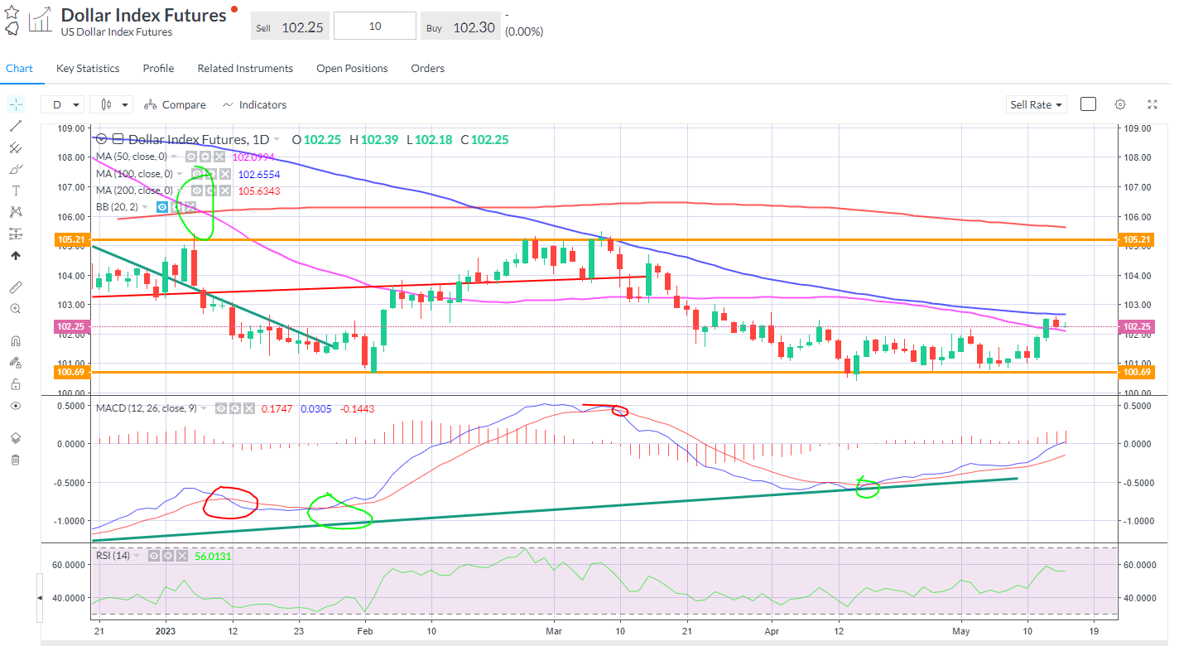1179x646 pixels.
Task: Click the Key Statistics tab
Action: coord(88,69)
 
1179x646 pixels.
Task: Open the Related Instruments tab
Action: coord(245,69)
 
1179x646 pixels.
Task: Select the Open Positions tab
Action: coord(352,69)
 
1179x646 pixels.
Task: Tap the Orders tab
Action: coord(427,69)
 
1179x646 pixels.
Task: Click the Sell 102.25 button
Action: coord(290,27)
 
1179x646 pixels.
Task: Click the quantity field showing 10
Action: coord(375,27)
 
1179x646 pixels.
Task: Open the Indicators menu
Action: coord(255,105)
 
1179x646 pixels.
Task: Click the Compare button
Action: coord(175,105)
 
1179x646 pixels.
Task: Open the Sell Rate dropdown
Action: coord(1037,105)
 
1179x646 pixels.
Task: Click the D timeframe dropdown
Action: coord(63,105)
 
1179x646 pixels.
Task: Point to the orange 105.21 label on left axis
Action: coord(70,239)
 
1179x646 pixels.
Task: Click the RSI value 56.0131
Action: coord(213,557)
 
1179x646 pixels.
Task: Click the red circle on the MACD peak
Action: coord(618,411)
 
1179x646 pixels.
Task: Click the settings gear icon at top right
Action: coord(1120,104)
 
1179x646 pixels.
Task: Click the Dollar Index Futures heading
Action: coord(143,16)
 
